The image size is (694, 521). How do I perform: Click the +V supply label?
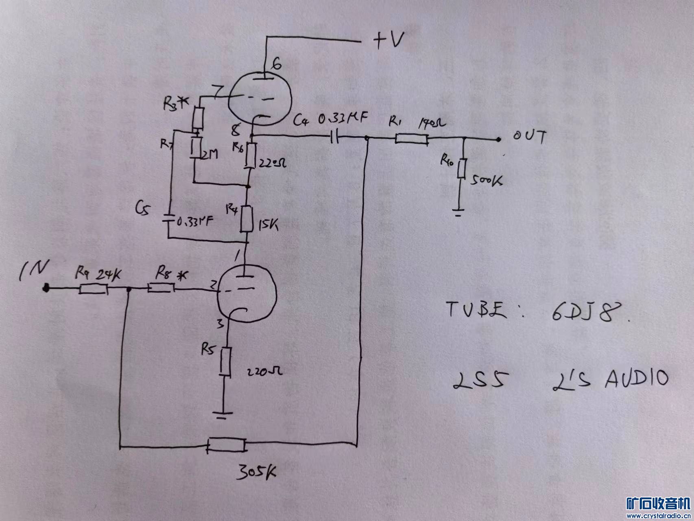388,41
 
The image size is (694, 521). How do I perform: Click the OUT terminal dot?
498,140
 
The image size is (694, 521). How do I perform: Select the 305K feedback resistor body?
227,445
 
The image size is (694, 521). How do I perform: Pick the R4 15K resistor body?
247,219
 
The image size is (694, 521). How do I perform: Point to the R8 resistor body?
161,288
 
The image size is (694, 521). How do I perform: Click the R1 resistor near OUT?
411,140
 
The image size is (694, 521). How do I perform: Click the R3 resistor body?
198,118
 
